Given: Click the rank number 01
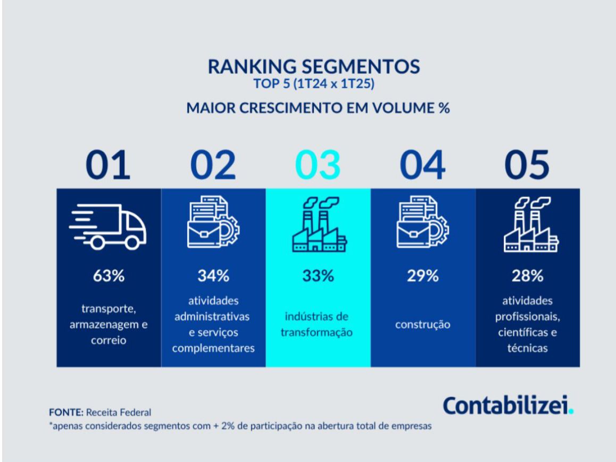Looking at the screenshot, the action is (108, 165).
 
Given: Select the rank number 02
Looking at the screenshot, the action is (213, 165).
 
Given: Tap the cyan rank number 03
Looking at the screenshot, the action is (318, 165).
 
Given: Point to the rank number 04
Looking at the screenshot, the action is (423, 165).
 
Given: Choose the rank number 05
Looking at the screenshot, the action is (527, 165).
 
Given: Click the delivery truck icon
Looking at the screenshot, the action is (107, 226).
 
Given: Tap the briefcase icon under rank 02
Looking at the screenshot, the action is (213, 222).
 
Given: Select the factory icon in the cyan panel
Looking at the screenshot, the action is (319, 224).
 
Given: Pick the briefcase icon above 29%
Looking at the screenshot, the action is (423, 222).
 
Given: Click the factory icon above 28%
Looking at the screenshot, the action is (531, 224).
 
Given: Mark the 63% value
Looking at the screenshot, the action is (109, 276).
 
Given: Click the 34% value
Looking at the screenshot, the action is (213, 276).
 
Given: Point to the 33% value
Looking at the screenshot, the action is (318, 276).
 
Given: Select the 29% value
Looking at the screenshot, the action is (423, 276).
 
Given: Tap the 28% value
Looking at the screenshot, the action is (528, 276).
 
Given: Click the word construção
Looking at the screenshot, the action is (423, 325).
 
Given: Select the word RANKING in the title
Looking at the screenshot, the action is (252, 66).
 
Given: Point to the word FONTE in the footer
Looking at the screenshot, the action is (66, 412).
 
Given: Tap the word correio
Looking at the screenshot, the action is (109, 340).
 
